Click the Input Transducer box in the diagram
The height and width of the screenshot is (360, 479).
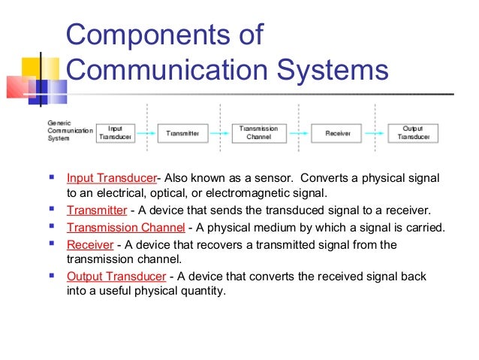(115, 132)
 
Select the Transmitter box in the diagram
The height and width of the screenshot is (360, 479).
(182, 133)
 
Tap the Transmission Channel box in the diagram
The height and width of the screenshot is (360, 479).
(259, 133)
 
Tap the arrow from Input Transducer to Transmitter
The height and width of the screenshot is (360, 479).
(147, 134)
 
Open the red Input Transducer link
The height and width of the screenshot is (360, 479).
(111, 178)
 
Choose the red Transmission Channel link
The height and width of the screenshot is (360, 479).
(125, 227)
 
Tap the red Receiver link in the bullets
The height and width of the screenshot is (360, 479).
(89, 244)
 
